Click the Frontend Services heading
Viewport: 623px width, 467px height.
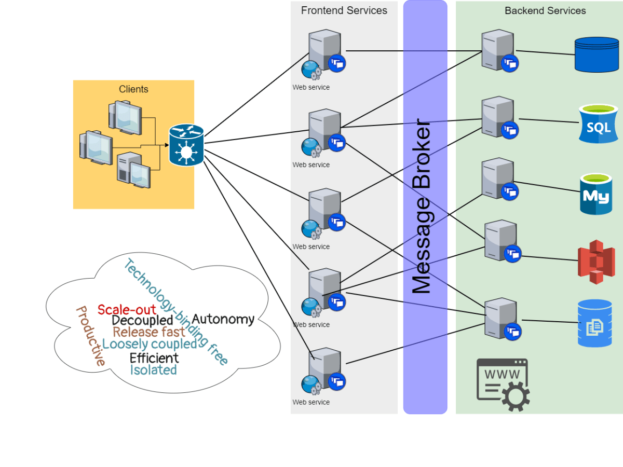pyautogui.click(x=344, y=10)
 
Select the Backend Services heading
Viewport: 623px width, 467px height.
pyautogui.click(x=545, y=10)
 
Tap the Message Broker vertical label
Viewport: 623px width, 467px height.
pyautogui.click(x=422, y=208)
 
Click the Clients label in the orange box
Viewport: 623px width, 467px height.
pyautogui.click(x=133, y=89)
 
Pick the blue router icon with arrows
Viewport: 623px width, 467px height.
pyautogui.click(x=186, y=145)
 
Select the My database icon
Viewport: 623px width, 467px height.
pyautogui.click(x=596, y=195)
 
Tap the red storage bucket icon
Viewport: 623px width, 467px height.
pyautogui.click(x=597, y=262)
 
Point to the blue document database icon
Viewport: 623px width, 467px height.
pyautogui.click(x=595, y=323)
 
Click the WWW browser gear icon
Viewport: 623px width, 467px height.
pyautogui.click(x=503, y=385)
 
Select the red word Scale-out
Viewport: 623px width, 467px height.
pyautogui.click(x=127, y=310)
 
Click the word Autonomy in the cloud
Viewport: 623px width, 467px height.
pyautogui.click(x=223, y=319)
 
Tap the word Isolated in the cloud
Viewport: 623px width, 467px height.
pyautogui.click(x=153, y=370)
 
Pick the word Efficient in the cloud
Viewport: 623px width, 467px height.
pyautogui.click(x=154, y=358)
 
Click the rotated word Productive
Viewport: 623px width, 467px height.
pyautogui.click(x=90, y=336)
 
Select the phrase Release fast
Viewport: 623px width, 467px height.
pyautogui.click(x=149, y=332)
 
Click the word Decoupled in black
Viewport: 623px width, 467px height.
pyautogui.click(x=142, y=321)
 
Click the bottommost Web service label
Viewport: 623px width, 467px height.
pyautogui.click(x=311, y=402)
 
